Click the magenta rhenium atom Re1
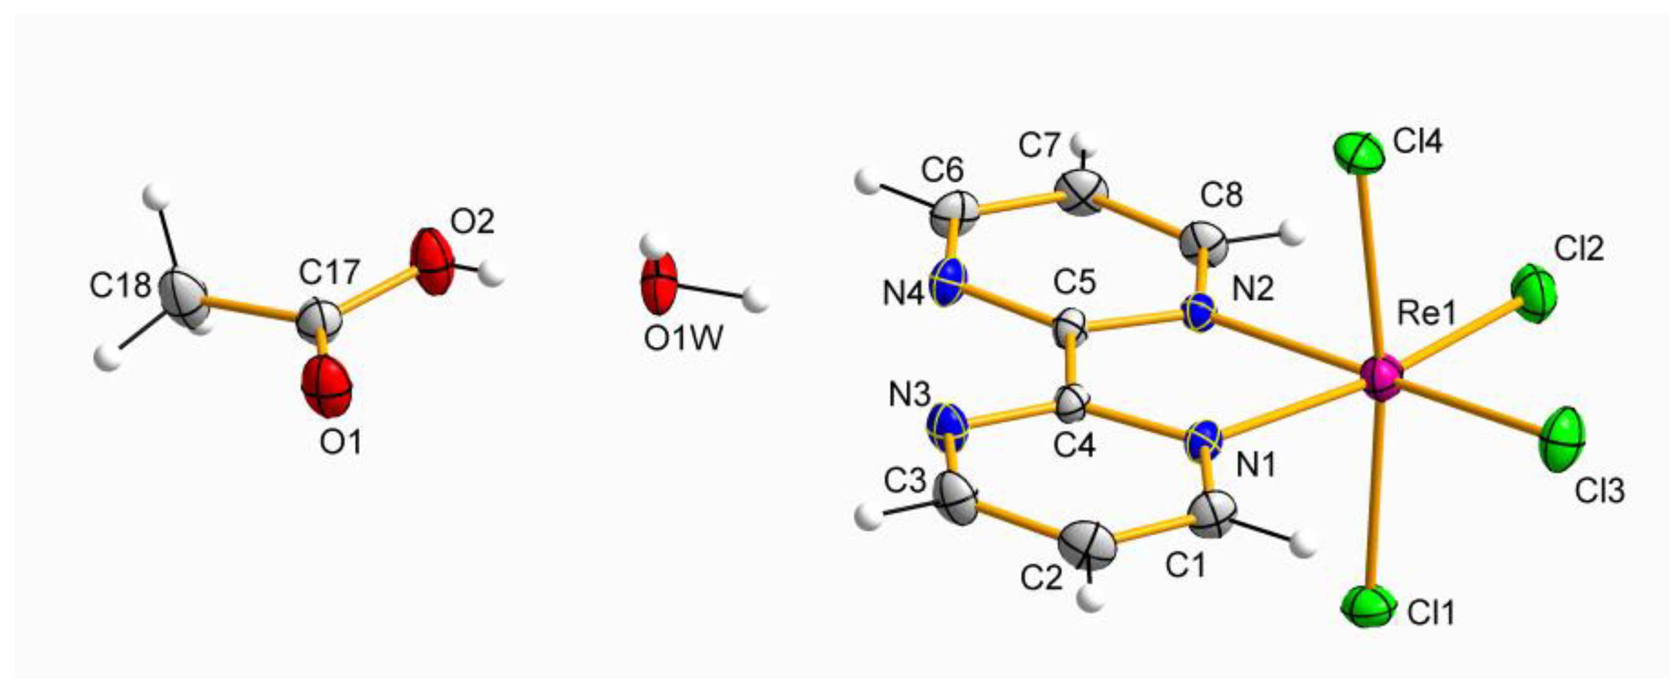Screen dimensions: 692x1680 click(1380, 378)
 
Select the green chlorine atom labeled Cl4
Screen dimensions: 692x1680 click(1358, 154)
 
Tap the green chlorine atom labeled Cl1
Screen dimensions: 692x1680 click(1368, 606)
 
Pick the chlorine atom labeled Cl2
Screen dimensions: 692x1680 click(1534, 294)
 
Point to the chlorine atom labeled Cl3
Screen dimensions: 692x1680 click(1562, 447)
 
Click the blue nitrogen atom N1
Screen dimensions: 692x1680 click(1204, 441)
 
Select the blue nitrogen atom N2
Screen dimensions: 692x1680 click(1199, 313)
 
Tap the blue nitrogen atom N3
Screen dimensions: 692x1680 click(948, 427)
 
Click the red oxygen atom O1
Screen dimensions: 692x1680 click(327, 386)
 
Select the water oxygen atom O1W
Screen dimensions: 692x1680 click(658, 285)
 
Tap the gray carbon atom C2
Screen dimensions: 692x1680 click(1087, 544)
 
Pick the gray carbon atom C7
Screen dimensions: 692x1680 click(1082, 192)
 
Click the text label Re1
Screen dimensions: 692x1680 click(1427, 315)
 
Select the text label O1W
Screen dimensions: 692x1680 click(683, 339)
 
